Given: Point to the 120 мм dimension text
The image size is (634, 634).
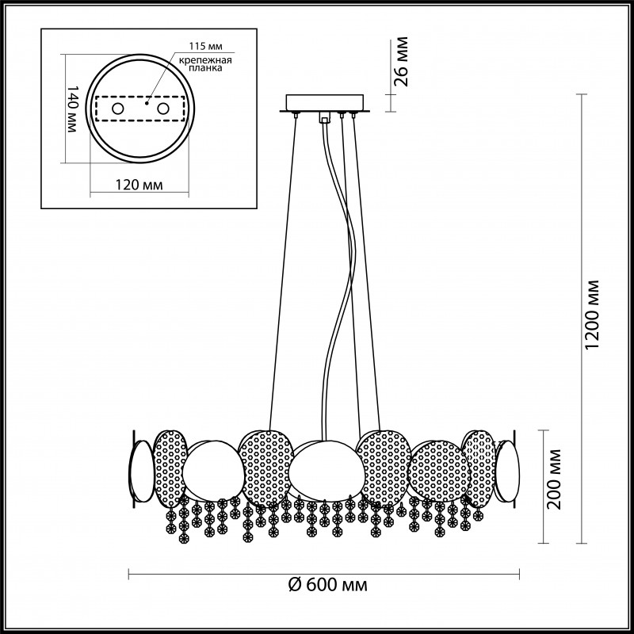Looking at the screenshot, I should click(x=138, y=185).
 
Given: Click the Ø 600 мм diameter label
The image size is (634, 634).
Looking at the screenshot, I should click(x=325, y=585).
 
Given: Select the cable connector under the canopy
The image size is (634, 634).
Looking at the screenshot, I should click(x=323, y=118).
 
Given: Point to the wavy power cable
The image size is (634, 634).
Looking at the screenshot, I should click(x=337, y=262).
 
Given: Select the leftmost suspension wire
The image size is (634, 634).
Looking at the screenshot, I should click(x=283, y=269).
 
